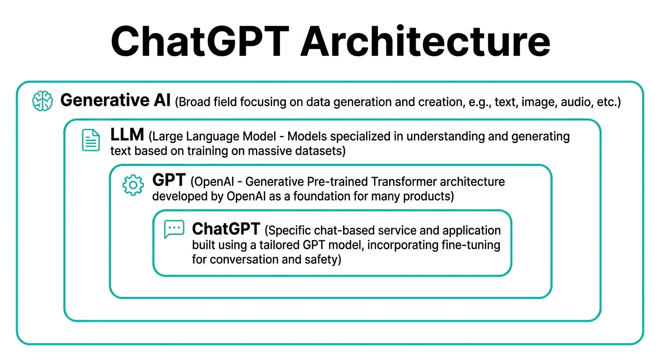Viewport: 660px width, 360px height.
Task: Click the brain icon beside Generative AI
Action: point(43,101)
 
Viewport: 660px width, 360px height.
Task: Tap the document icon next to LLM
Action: point(91,140)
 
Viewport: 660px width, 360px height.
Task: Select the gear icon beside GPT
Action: point(133,185)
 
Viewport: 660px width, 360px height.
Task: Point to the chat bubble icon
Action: point(174,229)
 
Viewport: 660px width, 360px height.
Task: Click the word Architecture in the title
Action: point(425,41)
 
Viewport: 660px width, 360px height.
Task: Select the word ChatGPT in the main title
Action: point(199,41)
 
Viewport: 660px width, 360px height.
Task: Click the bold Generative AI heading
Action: point(115,100)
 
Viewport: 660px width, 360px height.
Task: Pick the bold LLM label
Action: point(127,135)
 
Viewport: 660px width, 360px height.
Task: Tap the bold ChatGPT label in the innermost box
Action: point(226,229)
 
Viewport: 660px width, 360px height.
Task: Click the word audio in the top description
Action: point(574,102)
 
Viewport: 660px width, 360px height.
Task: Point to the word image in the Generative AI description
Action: point(535,102)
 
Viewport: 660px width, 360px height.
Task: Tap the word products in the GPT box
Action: point(428,196)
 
